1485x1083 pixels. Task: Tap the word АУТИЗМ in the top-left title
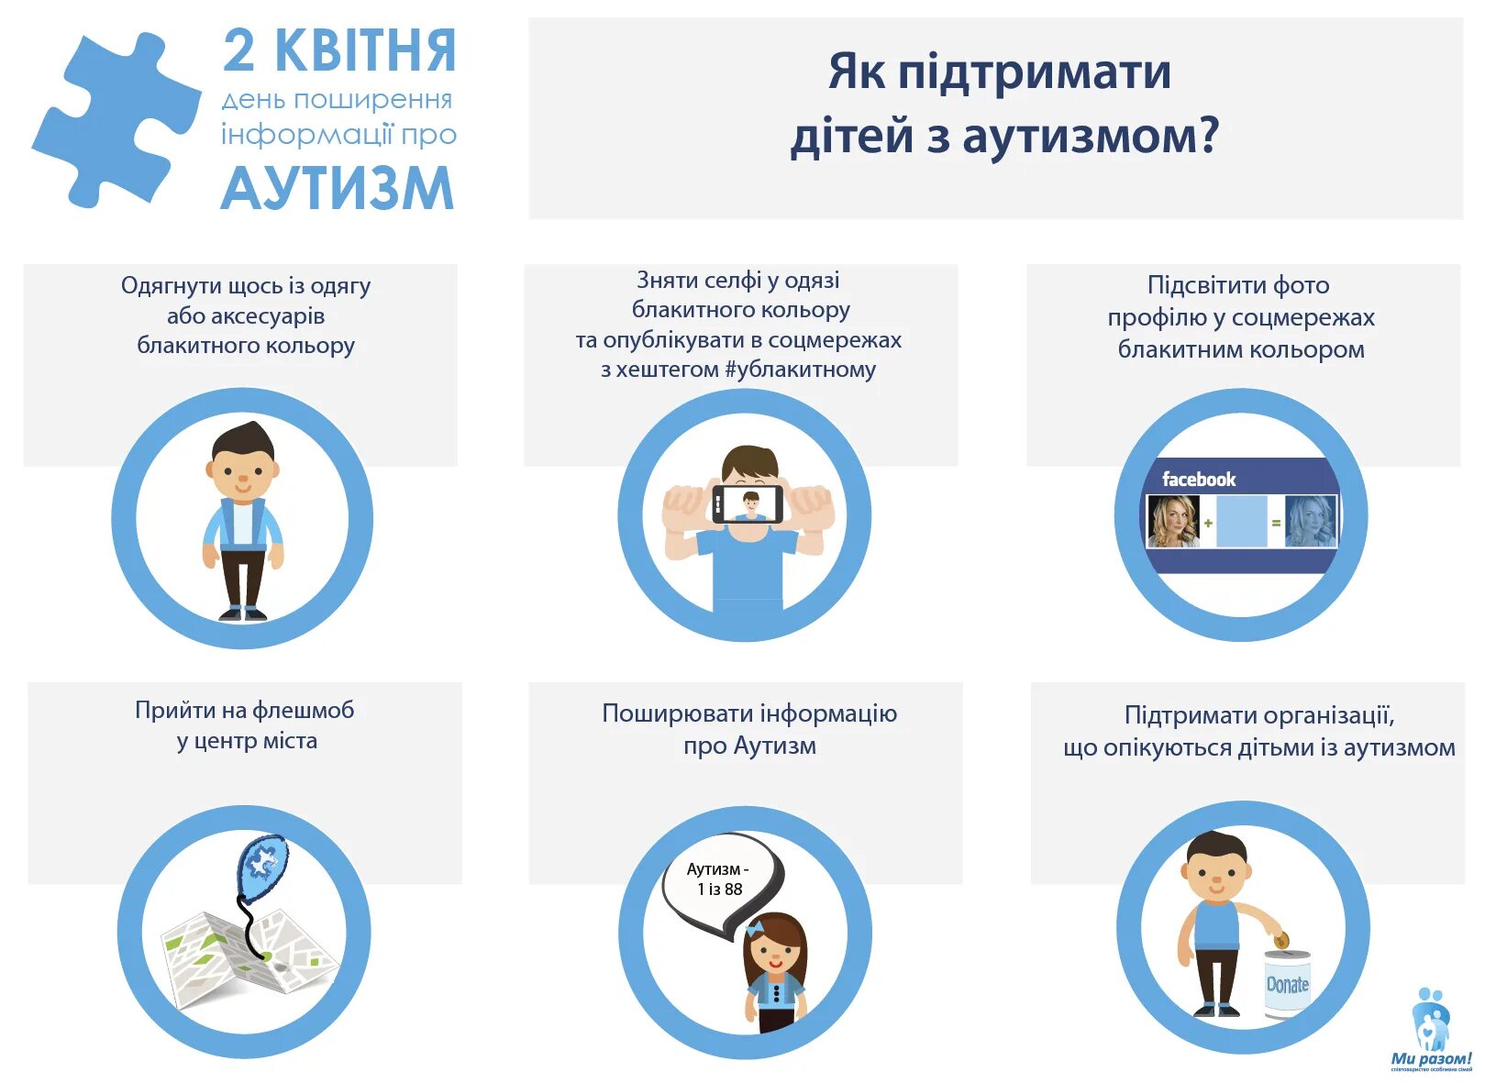(337, 189)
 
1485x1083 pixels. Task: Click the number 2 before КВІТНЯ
(238, 51)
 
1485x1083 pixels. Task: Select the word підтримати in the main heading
(1034, 72)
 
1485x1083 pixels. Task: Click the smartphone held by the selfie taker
(748, 503)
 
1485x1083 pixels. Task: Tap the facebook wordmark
(1198, 480)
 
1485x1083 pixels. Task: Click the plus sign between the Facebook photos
(1208, 523)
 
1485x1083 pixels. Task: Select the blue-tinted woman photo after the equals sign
(1310, 521)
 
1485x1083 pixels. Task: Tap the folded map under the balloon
(248, 963)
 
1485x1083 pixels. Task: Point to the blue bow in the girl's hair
(755, 930)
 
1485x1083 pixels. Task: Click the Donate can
(1287, 983)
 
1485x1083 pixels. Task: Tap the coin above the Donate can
(1281, 940)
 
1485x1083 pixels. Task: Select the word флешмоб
(303, 711)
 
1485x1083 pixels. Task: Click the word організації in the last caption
(1322, 715)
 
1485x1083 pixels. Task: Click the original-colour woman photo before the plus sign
(1173, 521)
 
